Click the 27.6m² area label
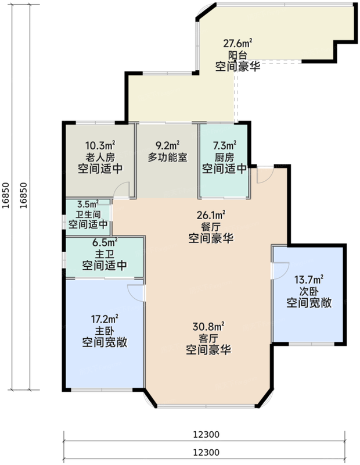click(237, 43)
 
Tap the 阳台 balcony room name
click(237, 55)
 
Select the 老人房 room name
click(100, 157)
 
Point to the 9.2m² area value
click(168, 145)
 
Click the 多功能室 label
click(168, 157)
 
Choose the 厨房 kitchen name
click(225, 157)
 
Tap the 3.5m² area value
click(88, 204)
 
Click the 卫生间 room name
click(88, 214)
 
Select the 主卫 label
click(105, 253)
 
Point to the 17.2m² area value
click(105, 319)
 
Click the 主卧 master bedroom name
click(105, 331)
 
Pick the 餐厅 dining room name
click(211, 226)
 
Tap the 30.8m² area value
click(208, 327)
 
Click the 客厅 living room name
click(208, 338)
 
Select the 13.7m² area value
click(309, 280)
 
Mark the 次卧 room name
click(309, 291)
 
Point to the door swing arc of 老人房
click(118, 186)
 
